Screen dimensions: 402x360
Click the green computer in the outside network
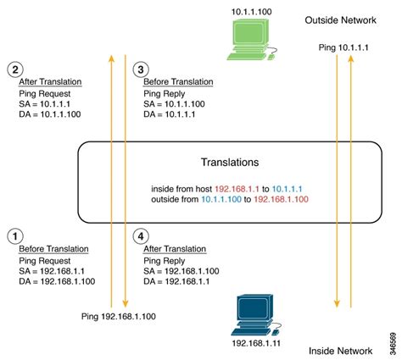click(x=251, y=40)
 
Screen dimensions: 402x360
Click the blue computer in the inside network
click(x=256, y=315)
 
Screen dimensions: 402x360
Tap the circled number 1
click(x=15, y=236)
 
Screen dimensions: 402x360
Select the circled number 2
click(x=15, y=69)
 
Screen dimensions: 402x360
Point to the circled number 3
click(x=141, y=69)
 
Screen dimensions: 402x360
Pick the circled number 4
click(x=141, y=236)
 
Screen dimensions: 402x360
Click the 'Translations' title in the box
click(x=230, y=162)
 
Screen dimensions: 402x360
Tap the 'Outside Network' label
click(x=340, y=20)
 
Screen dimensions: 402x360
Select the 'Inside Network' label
click(x=340, y=351)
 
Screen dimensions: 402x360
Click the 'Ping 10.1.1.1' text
click(x=343, y=47)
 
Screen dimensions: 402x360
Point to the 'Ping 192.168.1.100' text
click(x=119, y=316)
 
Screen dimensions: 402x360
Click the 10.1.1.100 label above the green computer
click(x=252, y=12)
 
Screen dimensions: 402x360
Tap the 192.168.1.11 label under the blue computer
click(x=256, y=343)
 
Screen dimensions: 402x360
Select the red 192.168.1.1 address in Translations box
click(x=237, y=189)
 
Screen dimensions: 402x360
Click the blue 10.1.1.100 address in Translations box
click(x=221, y=199)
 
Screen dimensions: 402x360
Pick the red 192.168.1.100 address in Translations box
click(x=281, y=199)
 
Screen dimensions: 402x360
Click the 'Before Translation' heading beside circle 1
click(x=53, y=249)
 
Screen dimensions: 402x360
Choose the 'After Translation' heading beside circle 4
click(x=175, y=249)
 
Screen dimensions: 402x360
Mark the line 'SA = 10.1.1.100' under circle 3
click(x=174, y=104)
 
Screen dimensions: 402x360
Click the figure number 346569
click(x=393, y=344)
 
